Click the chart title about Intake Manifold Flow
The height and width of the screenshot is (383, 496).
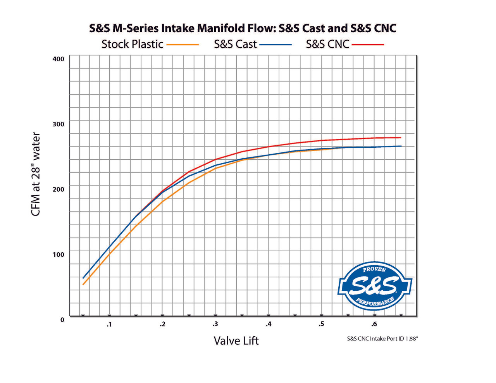pos(243,28)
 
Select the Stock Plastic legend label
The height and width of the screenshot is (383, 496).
pos(132,44)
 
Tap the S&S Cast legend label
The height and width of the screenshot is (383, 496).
pos(235,44)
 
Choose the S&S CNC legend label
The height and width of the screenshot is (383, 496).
pos(327,44)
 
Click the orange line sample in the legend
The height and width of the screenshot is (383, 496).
pos(183,45)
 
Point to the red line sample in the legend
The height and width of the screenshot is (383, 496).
pos(368,45)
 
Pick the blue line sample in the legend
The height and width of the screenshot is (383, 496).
pos(276,45)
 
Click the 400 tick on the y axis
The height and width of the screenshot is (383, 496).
pos(59,59)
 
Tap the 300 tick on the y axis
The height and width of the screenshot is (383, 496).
pos(59,124)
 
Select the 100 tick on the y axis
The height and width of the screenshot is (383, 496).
pos(59,254)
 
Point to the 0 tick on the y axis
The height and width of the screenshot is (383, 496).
pos(62,320)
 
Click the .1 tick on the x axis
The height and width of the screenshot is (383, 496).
pos(109,324)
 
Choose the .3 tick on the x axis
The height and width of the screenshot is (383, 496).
pos(215,324)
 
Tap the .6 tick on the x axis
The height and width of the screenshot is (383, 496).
pos(374,324)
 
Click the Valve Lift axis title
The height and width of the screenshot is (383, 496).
pos(236,341)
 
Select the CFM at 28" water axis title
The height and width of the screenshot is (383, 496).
pos(36,174)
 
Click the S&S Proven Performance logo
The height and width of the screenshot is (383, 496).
pos(374,286)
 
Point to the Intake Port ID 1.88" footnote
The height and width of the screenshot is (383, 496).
pos(382,339)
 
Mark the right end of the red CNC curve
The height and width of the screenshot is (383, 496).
pos(401,138)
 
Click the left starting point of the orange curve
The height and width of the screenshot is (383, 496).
pos(83,285)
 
